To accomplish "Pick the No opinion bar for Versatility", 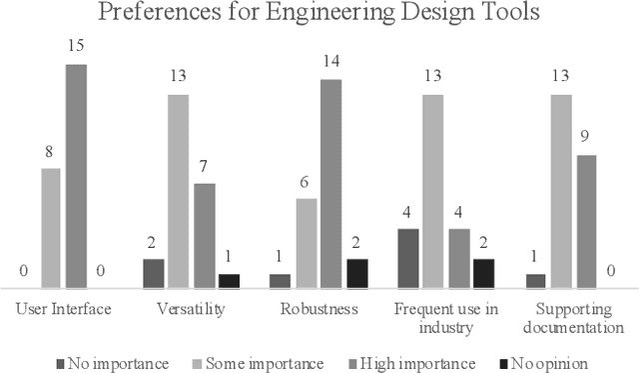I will coord(229,281).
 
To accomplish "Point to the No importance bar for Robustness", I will coord(281,281).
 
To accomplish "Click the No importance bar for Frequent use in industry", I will coord(408,258).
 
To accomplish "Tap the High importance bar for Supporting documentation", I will coord(587,221).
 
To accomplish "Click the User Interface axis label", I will coord(64,309).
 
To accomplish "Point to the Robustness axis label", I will coord(319,309).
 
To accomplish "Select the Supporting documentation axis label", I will coord(574,318).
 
